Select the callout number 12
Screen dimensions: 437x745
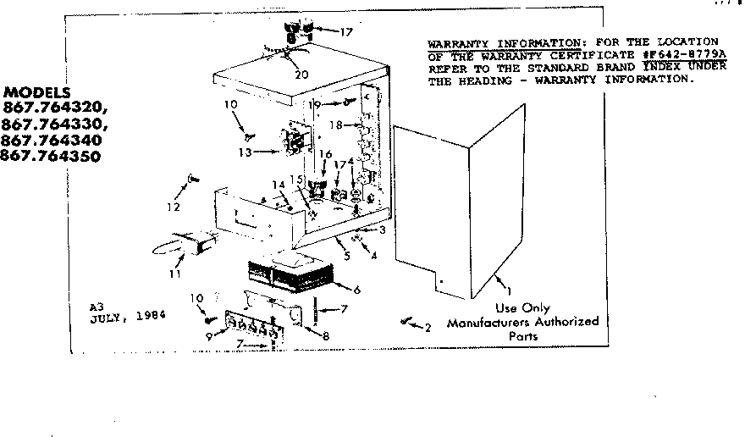pyautogui.click(x=174, y=207)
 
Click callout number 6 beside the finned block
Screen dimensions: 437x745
pyautogui.click(x=357, y=290)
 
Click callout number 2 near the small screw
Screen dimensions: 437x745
pyautogui.click(x=428, y=327)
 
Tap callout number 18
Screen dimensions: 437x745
pyautogui.click(x=335, y=124)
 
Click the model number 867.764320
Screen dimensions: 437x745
pyautogui.click(x=56, y=108)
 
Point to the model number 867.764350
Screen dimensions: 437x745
pyautogui.click(x=50, y=156)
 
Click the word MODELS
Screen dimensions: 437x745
pyautogui.click(x=37, y=91)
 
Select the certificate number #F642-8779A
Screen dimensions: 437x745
pyautogui.click(x=682, y=54)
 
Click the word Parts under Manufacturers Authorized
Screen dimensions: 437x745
pyautogui.click(x=522, y=335)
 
